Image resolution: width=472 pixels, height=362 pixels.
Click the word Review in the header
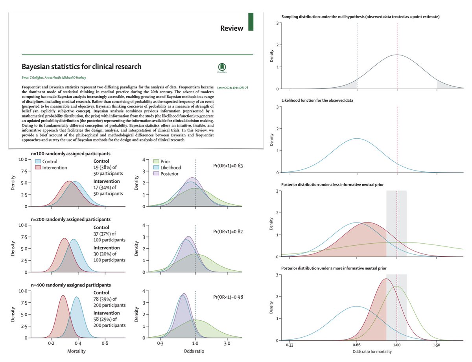(232, 28)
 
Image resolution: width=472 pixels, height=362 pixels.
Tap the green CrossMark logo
(222, 67)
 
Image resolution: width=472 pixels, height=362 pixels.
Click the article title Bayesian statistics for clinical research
(81, 66)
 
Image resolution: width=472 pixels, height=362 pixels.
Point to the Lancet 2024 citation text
(232, 88)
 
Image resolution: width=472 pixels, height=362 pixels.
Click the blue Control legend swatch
(38, 161)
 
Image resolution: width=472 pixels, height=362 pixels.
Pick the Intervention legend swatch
(38, 167)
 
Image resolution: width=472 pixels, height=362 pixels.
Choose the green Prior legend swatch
(156, 161)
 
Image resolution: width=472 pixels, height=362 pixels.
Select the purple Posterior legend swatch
(156, 174)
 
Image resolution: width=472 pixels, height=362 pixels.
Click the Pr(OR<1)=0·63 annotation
(228, 166)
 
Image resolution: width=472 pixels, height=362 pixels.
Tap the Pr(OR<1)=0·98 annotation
(228, 297)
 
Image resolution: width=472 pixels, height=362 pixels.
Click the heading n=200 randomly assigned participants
(70, 219)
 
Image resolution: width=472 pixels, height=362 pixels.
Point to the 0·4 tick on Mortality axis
(78, 343)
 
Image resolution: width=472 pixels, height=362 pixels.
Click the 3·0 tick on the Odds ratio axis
(227, 343)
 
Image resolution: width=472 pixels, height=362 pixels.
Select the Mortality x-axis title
(76, 351)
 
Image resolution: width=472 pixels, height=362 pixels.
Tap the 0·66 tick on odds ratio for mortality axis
(356, 345)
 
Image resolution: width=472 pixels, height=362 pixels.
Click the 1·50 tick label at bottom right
(437, 345)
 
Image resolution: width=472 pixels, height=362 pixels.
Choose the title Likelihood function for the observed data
(317, 101)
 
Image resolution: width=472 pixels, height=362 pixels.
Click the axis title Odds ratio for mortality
(372, 351)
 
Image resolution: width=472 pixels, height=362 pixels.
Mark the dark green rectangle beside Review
(251, 22)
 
